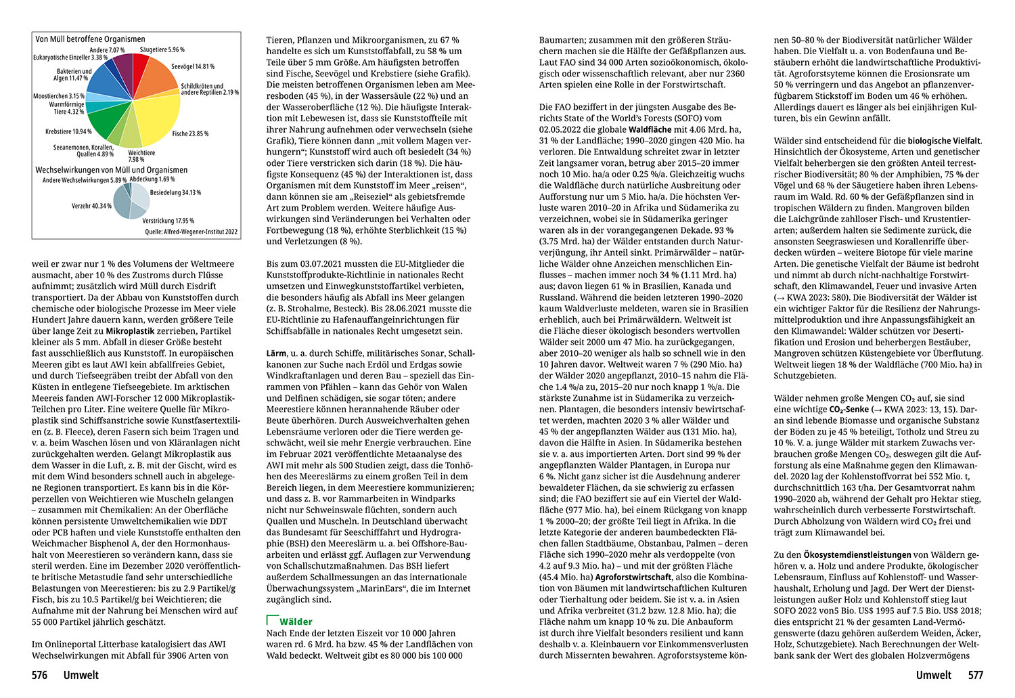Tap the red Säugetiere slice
click(x=139, y=65)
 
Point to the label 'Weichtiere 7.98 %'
click(x=141, y=156)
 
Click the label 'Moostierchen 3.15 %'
click(x=59, y=96)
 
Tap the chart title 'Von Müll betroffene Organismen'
click(x=90, y=39)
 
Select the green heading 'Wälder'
click(x=296, y=621)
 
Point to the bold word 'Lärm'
click(x=276, y=353)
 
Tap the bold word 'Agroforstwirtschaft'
click(x=633, y=577)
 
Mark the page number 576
click(x=40, y=675)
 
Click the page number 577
click(x=975, y=675)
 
